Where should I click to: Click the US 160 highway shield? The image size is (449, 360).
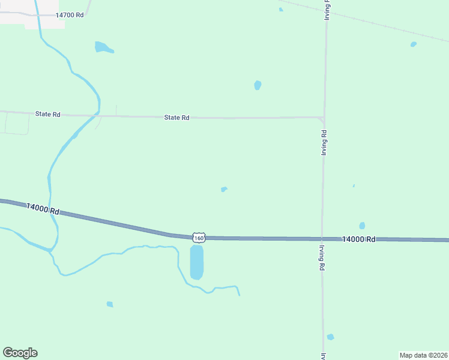pos(199,238)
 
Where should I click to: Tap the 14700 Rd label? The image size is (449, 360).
pos(69,14)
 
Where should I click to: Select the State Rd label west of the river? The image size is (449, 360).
pos(48,114)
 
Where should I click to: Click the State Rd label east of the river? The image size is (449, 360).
pos(176,118)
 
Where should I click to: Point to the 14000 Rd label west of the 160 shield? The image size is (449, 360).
pos(43,209)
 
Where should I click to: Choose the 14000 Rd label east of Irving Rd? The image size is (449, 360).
pos(358,239)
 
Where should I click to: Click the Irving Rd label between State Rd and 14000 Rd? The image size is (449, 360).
pos(324,143)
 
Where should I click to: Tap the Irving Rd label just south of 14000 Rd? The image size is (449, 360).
pos(322,258)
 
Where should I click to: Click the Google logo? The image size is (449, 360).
pos(20,353)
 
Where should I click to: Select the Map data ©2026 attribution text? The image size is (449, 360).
pos(423,355)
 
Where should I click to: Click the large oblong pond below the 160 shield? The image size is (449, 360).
pos(196,262)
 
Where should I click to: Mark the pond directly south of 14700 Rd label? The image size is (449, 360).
pos(103,47)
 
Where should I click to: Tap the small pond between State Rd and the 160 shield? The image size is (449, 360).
pos(224,189)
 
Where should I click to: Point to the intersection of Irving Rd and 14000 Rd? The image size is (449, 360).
pos(322,239)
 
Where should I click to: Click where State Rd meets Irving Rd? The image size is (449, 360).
pos(324,118)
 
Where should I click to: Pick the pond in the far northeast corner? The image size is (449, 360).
pos(413,44)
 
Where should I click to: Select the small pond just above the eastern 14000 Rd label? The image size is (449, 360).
pos(362,226)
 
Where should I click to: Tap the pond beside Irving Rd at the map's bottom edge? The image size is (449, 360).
pos(330,337)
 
